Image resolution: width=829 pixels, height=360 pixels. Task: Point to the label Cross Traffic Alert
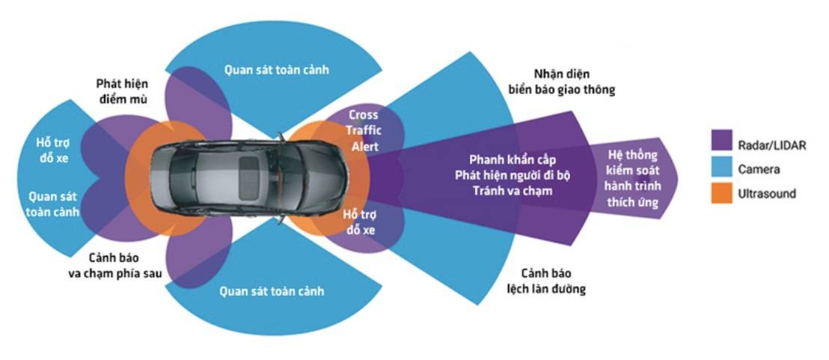pyautogui.click(x=364, y=131)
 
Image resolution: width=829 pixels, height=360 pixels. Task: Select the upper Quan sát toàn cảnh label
pyautogui.click(x=277, y=70)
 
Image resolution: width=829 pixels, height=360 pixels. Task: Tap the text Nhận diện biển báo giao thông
pyautogui.click(x=574, y=82)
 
